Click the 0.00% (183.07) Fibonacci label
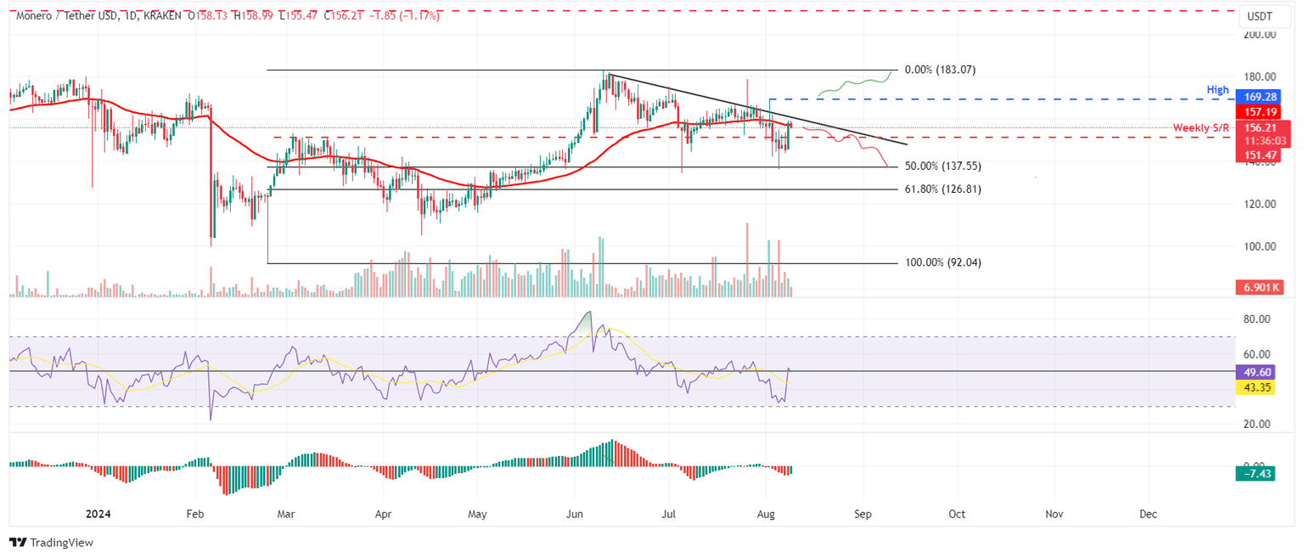pos(940,70)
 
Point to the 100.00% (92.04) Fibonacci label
pos(943,263)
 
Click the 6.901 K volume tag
pos(1260,289)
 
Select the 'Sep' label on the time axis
pos(863,515)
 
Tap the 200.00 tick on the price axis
pos(1260,35)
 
